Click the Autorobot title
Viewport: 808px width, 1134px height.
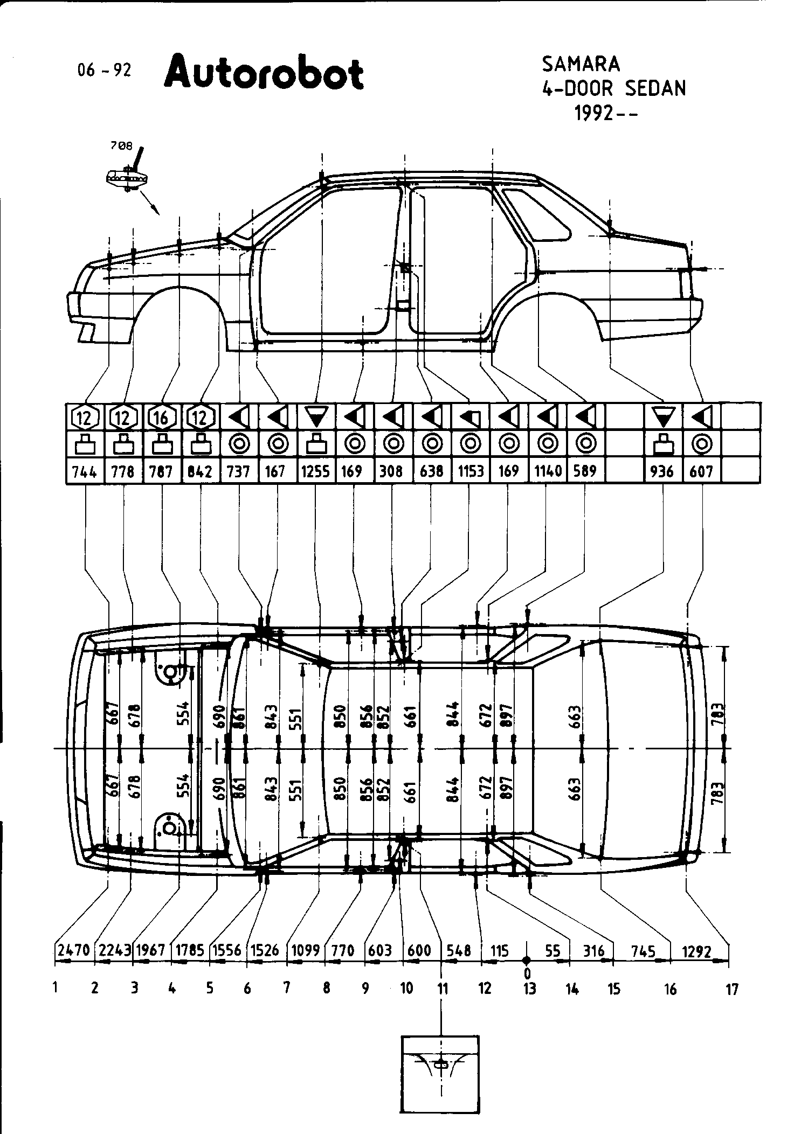click(x=264, y=74)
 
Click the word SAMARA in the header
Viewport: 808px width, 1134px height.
click(x=581, y=65)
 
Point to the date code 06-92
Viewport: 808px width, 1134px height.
click(x=104, y=71)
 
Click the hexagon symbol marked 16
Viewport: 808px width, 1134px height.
click(x=161, y=417)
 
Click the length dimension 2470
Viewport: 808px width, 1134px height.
click(x=74, y=951)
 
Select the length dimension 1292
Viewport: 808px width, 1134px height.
click(x=696, y=952)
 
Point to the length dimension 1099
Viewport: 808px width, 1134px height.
click(x=306, y=951)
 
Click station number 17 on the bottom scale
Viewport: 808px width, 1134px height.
click(x=731, y=989)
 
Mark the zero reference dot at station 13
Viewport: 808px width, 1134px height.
click(x=527, y=961)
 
